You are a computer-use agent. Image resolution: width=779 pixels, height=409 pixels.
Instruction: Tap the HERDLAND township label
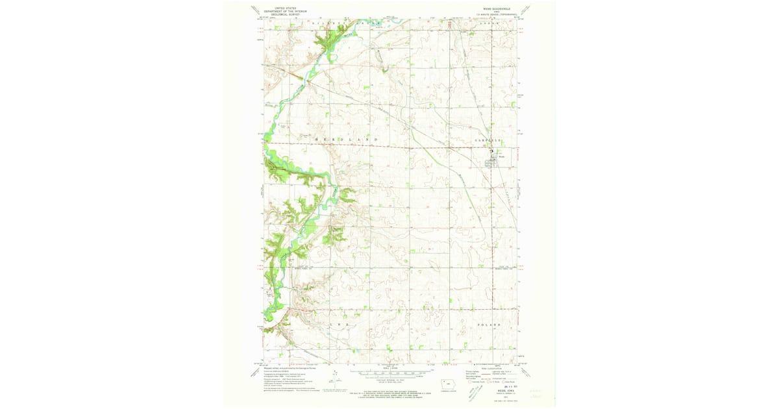pos(345,140)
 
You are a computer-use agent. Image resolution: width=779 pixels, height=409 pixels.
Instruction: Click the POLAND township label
pos(490,323)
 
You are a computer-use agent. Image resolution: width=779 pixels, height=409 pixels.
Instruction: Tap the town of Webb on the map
pos(499,156)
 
